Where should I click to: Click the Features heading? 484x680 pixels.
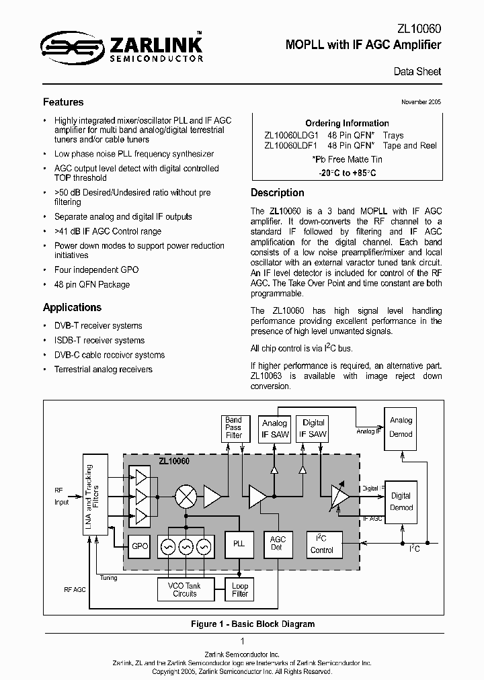pos(63,102)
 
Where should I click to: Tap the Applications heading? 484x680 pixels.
pos(72,307)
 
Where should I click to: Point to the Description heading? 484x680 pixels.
pos(278,192)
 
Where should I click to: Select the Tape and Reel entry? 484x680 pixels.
pos(409,145)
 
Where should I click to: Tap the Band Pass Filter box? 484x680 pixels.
pos(233,427)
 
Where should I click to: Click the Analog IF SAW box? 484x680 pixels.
pos(274,429)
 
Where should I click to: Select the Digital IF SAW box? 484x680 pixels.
pos(313,429)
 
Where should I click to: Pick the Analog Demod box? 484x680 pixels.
pos(401,427)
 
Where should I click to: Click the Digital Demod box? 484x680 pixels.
pos(401,502)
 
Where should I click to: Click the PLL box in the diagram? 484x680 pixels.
pos(239,544)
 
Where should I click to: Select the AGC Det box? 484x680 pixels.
pos(278,544)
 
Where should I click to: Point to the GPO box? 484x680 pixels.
pos(140,546)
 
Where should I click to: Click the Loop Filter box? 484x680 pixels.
pos(240,589)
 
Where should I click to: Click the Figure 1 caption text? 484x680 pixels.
pos(252,624)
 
